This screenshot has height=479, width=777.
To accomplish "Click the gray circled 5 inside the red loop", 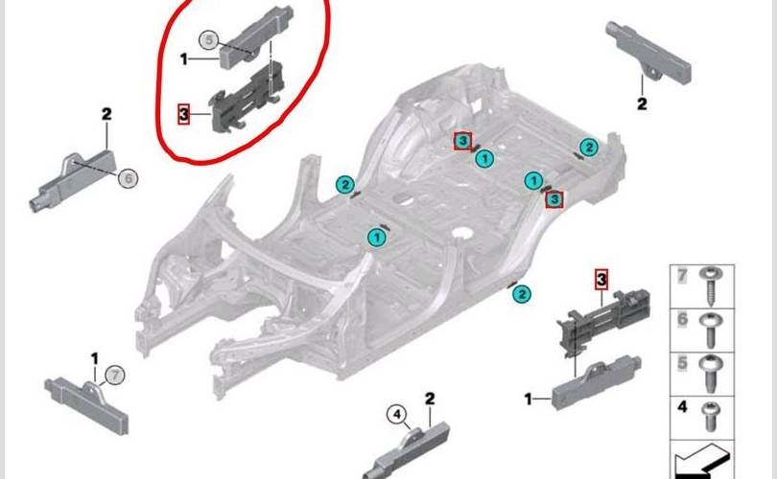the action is pyautogui.click(x=209, y=40).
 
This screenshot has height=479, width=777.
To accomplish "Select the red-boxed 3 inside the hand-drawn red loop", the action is pyautogui.click(x=183, y=114).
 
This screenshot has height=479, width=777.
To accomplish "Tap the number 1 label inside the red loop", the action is pyautogui.click(x=184, y=59).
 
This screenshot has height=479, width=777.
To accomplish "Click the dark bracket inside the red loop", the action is pyautogui.click(x=247, y=98).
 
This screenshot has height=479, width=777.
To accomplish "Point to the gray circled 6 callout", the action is pyautogui.click(x=128, y=178).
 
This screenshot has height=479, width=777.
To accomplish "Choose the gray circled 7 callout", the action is pyautogui.click(x=115, y=376).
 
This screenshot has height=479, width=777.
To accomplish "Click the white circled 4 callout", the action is pyautogui.click(x=396, y=415).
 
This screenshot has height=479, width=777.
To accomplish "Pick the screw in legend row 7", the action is pyautogui.click(x=712, y=283).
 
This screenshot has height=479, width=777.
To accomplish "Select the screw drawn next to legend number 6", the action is pyautogui.click(x=712, y=329).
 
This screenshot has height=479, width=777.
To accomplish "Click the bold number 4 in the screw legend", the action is pyautogui.click(x=682, y=407).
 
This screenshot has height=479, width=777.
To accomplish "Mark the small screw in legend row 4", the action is pyautogui.click(x=712, y=416).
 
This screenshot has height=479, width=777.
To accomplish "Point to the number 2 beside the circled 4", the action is pyautogui.click(x=430, y=399).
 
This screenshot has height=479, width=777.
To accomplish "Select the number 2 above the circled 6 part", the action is pyautogui.click(x=106, y=114).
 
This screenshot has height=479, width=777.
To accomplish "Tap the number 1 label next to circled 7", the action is pyautogui.click(x=95, y=358).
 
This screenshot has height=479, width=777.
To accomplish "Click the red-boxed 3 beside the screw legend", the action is pyautogui.click(x=601, y=280).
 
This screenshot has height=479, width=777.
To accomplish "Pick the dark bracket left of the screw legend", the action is pyautogui.click(x=603, y=321).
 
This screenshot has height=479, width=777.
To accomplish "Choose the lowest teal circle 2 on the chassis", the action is pyautogui.click(x=521, y=294).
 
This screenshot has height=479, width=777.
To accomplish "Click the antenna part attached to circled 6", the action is pyautogui.click(x=73, y=178).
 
